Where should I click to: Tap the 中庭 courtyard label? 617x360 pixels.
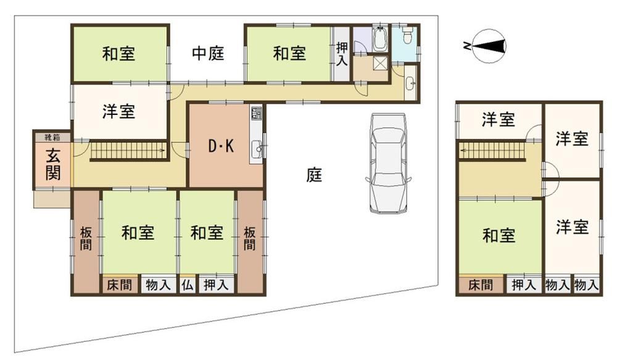(x=208, y=53)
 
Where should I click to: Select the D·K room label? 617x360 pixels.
(x=221, y=146)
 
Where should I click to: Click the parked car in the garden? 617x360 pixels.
(x=388, y=163)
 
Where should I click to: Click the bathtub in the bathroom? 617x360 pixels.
(x=379, y=39)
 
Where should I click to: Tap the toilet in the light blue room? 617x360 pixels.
(x=407, y=35)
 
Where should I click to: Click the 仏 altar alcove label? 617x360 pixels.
(x=188, y=285)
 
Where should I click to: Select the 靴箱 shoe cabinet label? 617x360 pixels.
(x=52, y=138)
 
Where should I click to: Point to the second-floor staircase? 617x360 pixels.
(x=492, y=150)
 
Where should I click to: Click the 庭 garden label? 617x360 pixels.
(x=314, y=175)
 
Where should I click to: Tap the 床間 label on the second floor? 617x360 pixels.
(x=481, y=285)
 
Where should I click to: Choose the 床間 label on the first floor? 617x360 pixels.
(x=119, y=285)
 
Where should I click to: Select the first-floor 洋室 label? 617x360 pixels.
(x=118, y=112)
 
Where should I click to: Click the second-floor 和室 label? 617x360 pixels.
(x=499, y=235)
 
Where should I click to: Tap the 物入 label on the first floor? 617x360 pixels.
(x=158, y=285)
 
